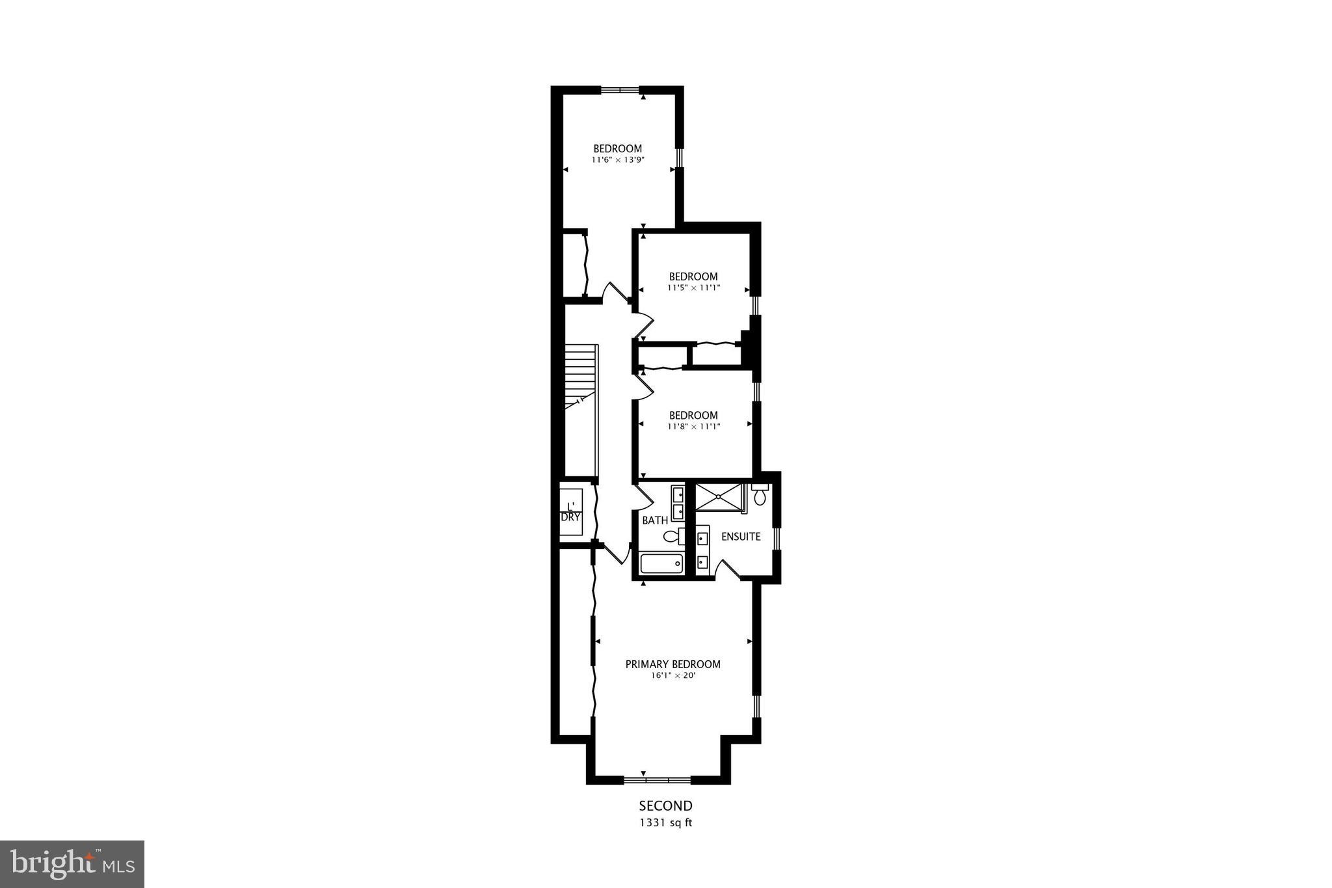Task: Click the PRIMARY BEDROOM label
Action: pos(673,664)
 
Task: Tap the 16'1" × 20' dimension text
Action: pos(673,675)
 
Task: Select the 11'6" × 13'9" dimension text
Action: pos(617,159)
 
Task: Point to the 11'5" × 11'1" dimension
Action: pos(693,288)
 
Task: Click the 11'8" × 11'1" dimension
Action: pos(693,427)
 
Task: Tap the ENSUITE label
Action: pos(741,537)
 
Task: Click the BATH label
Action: pos(654,520)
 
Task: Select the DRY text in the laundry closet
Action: pos(570,517)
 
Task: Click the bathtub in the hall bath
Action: pos(661,563)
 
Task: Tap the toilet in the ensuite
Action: pos(760,495)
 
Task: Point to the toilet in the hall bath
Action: pos(673,537)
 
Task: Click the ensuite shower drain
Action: pos(718,497)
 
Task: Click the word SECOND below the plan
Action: pos(665,806)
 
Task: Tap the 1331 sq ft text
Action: pos(665,822)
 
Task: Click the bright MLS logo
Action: pos(72,864)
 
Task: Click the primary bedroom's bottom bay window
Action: pos(657,779)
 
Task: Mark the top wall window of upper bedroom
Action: pos(619,90)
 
